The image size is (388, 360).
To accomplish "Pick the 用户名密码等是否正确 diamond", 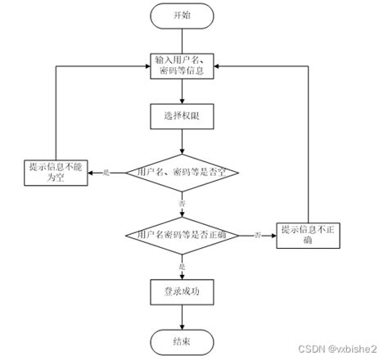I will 183,235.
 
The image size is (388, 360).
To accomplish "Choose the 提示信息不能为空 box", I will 56,173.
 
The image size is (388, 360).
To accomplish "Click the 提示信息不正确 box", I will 307,235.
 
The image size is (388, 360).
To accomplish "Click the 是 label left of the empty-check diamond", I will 105,173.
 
